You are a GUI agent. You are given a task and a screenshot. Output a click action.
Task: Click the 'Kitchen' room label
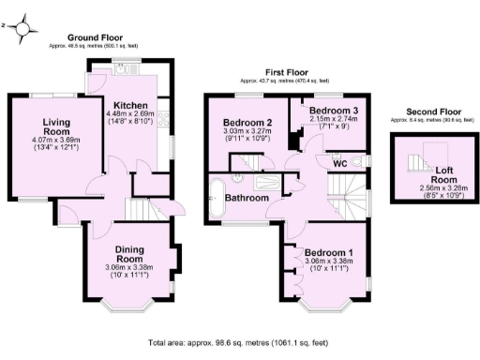[x=130, y=104]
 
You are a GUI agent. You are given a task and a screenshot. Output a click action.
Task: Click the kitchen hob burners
[x=164, y=119]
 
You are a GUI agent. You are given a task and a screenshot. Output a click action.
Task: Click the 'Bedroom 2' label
[x=247, y=123]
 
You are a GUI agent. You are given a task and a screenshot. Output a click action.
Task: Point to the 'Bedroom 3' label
[x=334, y=111]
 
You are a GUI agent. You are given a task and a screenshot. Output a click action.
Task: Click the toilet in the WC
[x=357, y=160]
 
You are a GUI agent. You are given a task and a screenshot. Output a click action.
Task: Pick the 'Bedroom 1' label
[x=329, y=254]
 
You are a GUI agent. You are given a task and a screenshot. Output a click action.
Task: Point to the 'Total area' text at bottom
[x=240, y=344]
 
